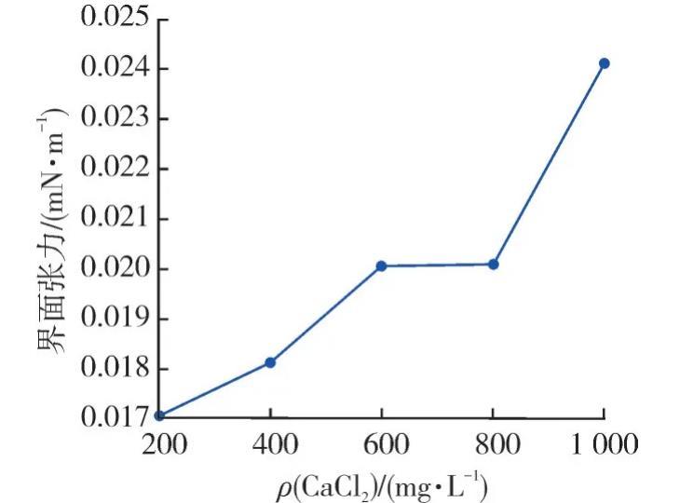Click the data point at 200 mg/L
tap(159, 415)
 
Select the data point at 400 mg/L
tap(270, 362)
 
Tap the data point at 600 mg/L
tap(381, 266)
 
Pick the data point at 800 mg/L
tap(494, 265)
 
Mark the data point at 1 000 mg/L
tap(604, 63)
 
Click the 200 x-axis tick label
tap(160, 444)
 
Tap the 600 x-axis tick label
tap(381, 444)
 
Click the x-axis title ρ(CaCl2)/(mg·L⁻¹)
tap(382, 484)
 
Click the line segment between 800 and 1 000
tap(549, 164)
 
